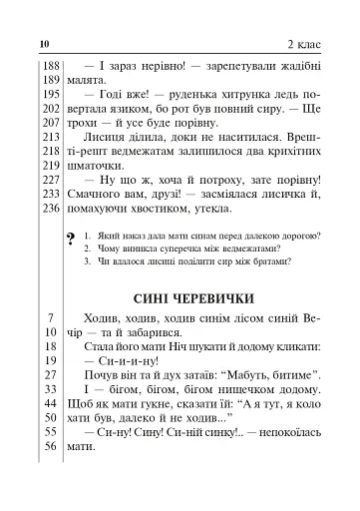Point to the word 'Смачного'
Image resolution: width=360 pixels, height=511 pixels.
click(x=103, y=192)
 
